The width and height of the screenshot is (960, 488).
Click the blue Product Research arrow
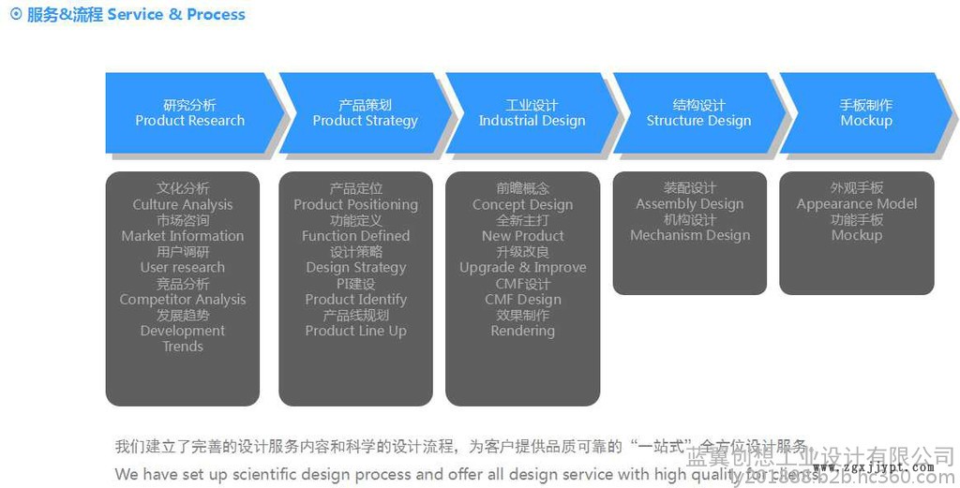click(190, 113)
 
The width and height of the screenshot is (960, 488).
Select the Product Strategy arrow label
click(365, 113)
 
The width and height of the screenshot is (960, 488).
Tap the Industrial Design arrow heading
click(532, 113)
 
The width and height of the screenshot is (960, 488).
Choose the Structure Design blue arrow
click(698, 113)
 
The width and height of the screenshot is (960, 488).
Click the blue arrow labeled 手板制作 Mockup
click(865, 113)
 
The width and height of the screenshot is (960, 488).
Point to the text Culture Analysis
click(183, 204)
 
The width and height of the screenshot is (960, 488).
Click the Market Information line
click(183, 236)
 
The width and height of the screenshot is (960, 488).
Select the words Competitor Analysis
click(183, 300)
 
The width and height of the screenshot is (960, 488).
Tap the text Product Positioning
click(355, 204)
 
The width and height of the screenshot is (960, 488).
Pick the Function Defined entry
click(355, 236)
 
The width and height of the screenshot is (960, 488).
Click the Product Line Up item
click(355, 331)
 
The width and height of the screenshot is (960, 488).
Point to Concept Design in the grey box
click(522, 204)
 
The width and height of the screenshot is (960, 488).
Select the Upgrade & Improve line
click(522, 268)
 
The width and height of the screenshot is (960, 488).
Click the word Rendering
click(522, 331)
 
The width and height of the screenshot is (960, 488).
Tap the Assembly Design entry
click(689, 204)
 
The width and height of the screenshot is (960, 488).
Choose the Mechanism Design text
click(689, 236)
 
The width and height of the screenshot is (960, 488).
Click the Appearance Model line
click(857, 204)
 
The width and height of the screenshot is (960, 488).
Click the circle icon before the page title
click(16, 14)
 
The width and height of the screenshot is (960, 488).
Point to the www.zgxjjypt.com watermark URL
click(872, 467)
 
